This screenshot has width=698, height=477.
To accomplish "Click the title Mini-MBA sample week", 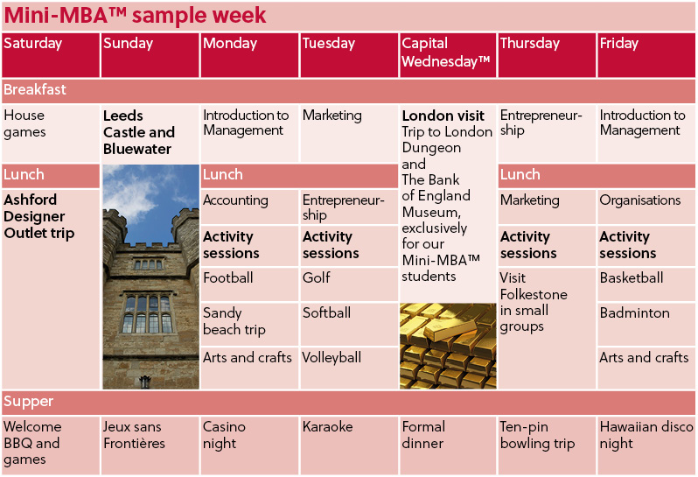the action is [135, 16].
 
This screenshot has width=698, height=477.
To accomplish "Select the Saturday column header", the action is [51, 55].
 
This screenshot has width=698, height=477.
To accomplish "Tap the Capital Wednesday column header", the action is [448, 55].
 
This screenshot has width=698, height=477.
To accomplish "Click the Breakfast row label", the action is [35, 90].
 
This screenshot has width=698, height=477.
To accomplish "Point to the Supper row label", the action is [29, 402].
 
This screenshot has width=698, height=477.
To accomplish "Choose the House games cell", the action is [51, 133].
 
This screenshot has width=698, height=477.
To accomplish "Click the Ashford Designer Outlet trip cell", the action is [51, 289].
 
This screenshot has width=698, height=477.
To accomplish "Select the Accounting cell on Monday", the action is [249, 207].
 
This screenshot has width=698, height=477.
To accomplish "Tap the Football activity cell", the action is [249, 284].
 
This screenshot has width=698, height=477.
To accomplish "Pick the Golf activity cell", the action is [349, 284].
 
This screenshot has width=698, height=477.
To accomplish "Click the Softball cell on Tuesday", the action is [349, 324].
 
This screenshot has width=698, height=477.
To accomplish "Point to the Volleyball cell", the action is [349, 368].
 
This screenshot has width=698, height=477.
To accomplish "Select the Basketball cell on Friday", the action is [646, 284].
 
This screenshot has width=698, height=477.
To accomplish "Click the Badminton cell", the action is [646, 324].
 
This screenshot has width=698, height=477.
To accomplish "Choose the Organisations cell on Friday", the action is [646, 207].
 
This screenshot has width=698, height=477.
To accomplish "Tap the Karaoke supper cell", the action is [349, 445].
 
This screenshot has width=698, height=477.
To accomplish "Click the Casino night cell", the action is [249, 445].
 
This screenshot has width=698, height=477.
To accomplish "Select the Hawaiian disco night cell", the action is [646, 445].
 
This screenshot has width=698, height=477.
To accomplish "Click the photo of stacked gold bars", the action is [448, 346].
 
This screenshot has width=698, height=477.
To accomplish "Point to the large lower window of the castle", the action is [147, 313].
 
